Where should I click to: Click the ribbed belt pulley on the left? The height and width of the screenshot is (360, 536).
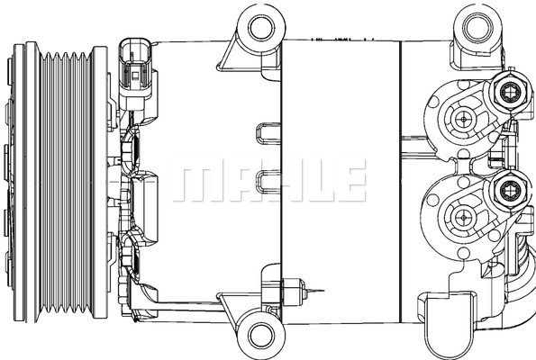54,180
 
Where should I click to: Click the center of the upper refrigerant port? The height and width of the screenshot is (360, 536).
464,117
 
